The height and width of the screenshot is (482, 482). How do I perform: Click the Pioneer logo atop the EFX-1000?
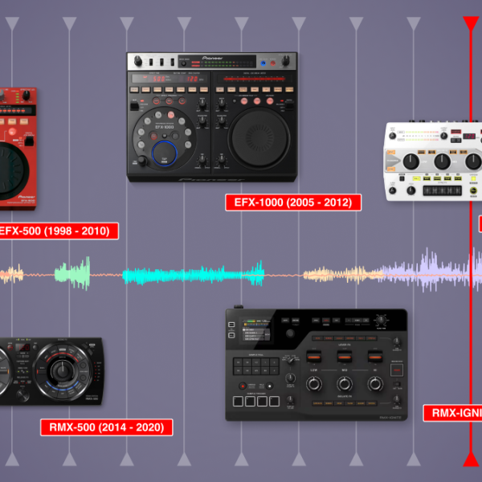click(212, 58)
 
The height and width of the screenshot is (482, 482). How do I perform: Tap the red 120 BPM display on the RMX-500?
click(24, 348)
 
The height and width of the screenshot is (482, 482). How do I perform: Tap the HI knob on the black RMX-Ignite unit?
click(374, 384)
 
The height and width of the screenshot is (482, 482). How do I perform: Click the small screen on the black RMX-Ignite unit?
click(255, 332)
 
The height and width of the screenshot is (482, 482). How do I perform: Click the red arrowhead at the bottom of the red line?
click(471, 460)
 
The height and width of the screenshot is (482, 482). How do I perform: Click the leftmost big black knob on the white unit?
click(411, 161)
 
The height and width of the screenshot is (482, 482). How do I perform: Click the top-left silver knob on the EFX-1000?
click(139, 61)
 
